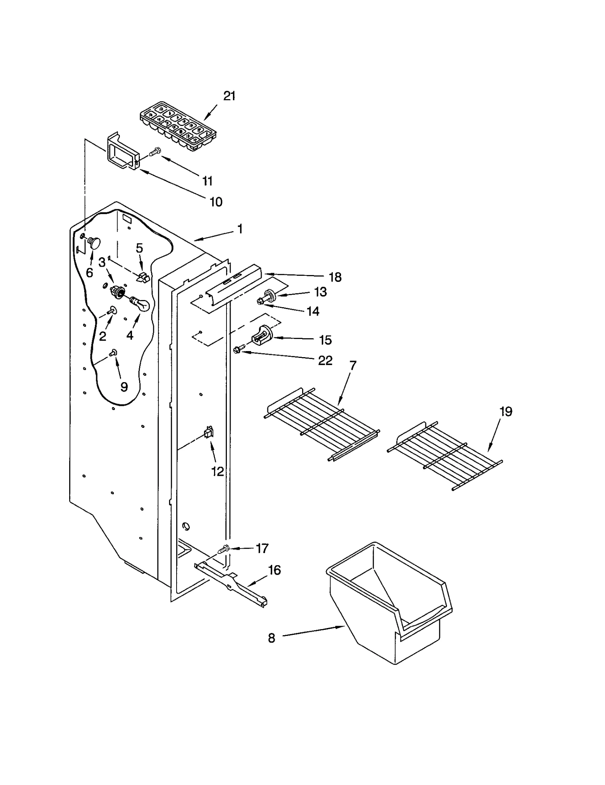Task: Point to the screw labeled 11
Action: coord(155,152)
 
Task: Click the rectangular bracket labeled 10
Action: coord(120,152)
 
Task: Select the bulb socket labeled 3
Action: coord(118,291)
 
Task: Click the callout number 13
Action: coord(320,292)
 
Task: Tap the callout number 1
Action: coord(239,229)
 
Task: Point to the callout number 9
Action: coord(124,386)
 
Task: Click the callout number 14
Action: coord(313,311)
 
